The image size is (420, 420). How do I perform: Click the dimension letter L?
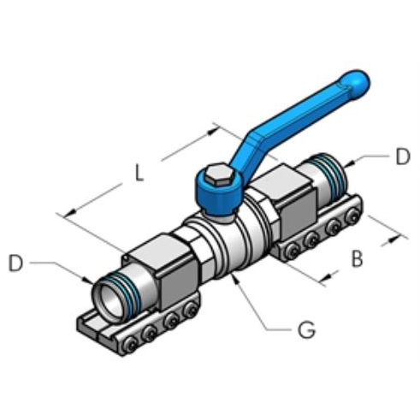pos(138,173)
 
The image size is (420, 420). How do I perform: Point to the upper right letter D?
pos(403,157)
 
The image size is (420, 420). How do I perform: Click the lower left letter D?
pos(15,263)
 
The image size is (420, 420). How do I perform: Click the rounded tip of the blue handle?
pos(358,82)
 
